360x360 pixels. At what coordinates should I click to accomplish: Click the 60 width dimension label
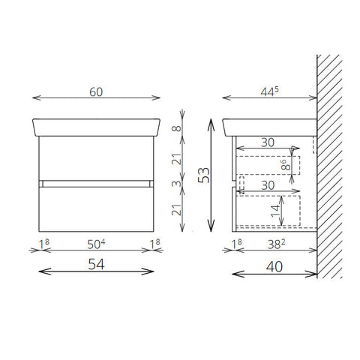click(96, 92)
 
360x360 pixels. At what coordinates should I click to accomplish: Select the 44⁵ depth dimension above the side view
click(269, 91)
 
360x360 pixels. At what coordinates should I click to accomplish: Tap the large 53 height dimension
click(204, 175)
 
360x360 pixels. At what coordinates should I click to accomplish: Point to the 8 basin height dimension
click(176, 128)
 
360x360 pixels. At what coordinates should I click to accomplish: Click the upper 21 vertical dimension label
click(176, 159)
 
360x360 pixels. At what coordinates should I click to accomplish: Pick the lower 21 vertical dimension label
click(176, 210)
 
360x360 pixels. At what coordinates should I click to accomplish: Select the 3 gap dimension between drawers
click(176, 184)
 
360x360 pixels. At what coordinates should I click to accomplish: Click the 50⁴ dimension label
click(96, 244)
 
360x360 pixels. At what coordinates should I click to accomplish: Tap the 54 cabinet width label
click(96, 264)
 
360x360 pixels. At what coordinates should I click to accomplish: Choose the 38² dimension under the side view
click(276, 244)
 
